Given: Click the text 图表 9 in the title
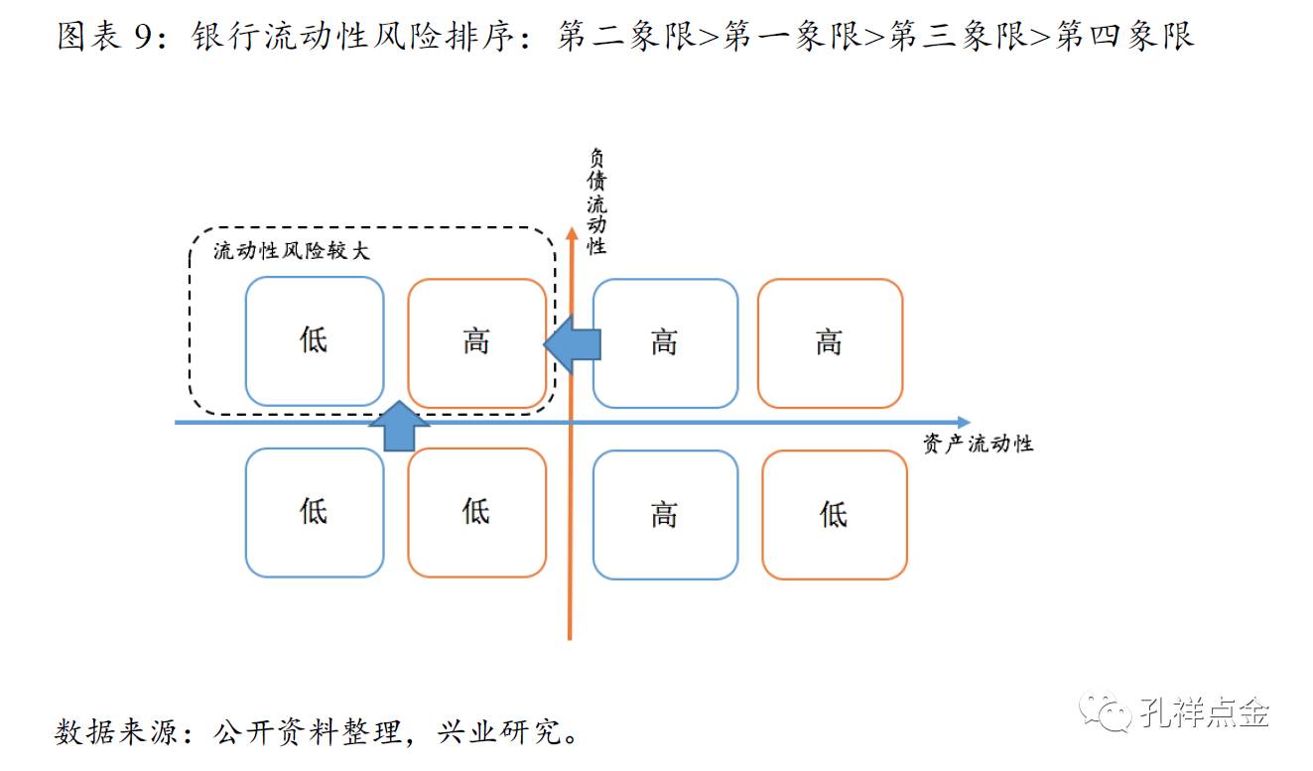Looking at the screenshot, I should coord(103,37).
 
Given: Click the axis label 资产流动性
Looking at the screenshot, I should coord(978,444).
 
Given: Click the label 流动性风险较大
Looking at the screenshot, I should coord(291,251).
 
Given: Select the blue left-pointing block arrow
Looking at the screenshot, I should coord(573,343).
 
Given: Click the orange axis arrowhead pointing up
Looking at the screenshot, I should coord(571,234).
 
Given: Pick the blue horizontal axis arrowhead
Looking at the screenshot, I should coord(963,423).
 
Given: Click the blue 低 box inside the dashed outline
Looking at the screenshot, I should coord(315,341).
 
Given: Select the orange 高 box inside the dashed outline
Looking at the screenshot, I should coord(477,342).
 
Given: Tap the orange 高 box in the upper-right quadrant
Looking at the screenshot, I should coord(830,343).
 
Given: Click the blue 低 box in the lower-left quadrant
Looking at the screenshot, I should coord(315,512).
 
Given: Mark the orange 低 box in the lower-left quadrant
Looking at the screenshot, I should coord(477,512).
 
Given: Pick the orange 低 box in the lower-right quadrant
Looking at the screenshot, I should coord(834,514).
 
